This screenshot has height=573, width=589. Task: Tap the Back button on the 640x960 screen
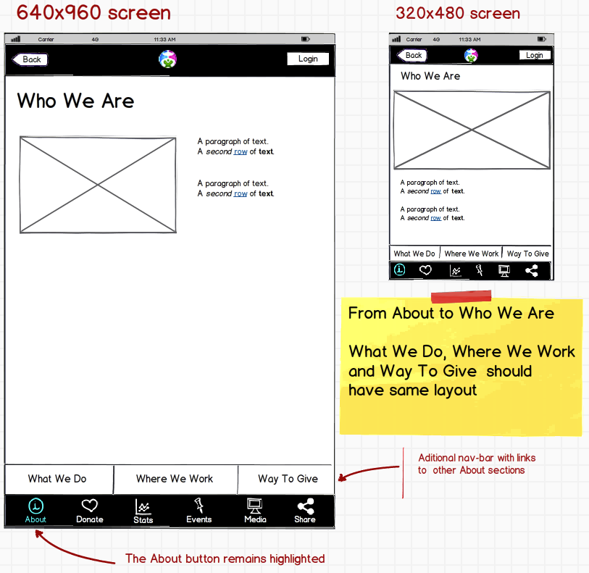[x=30, y=59]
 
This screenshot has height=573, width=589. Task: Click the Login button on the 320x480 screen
[x=535, y=55]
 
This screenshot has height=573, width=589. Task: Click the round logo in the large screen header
[x=167, y=59]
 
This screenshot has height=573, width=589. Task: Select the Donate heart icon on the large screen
[x=90, y=506]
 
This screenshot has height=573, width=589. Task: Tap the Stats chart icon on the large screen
[x=143, y=506]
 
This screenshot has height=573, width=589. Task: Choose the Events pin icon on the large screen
[x=199, y=506]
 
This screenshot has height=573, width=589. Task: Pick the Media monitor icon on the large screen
[x=255, y=506]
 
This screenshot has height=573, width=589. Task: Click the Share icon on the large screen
[x=306, y=506]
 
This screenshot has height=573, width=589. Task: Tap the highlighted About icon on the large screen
[x=35, y=506]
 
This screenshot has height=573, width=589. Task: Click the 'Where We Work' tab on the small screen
[x=472, y=254]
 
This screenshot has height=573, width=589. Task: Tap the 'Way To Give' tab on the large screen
[x=287, y=479]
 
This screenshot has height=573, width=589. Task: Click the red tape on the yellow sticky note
[x=461, y=296]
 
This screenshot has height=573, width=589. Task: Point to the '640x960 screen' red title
[x=93, y=12]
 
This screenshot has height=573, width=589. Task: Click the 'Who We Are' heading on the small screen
[x=430, y=76]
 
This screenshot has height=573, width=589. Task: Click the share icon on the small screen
[x=532, y=270]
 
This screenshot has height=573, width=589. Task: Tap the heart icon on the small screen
[x=425, y=270]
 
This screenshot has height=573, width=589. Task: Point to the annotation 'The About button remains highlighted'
[x=225, y=559]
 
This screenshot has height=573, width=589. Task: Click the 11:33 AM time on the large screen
[x=164, y=39]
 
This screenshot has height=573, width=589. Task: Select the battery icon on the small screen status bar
[x=541, y=39]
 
